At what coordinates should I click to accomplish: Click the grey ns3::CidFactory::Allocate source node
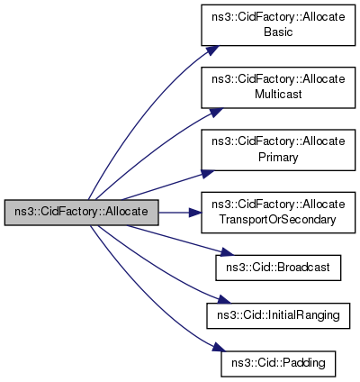(81, 213)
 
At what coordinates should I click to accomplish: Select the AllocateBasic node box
(278, 25)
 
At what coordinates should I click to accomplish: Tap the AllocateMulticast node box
(278, 87)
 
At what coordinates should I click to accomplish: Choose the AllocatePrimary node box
(278, 150)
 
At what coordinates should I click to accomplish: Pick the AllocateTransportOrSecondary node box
(278, 213)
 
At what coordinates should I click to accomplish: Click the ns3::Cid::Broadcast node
(278, 268)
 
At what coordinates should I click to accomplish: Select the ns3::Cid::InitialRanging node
(278, 315)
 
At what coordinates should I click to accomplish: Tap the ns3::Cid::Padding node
(278, 363)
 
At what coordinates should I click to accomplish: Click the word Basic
(278, 32)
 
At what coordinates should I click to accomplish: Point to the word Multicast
(278, 95)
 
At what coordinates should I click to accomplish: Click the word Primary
(278, 157)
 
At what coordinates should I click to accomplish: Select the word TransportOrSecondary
(277, 220)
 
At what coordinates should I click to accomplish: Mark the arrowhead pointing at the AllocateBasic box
(212, 50)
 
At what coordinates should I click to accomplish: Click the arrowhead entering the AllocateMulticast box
(215, 113)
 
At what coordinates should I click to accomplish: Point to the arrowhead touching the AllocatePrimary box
(207, 174)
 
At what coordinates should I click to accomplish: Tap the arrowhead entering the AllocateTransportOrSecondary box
(195, 213)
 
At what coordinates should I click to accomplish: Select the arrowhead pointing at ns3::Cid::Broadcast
(226, 252)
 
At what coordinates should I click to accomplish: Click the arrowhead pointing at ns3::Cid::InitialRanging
(224, 300)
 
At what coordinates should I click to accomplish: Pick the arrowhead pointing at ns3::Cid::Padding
(220, 347)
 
